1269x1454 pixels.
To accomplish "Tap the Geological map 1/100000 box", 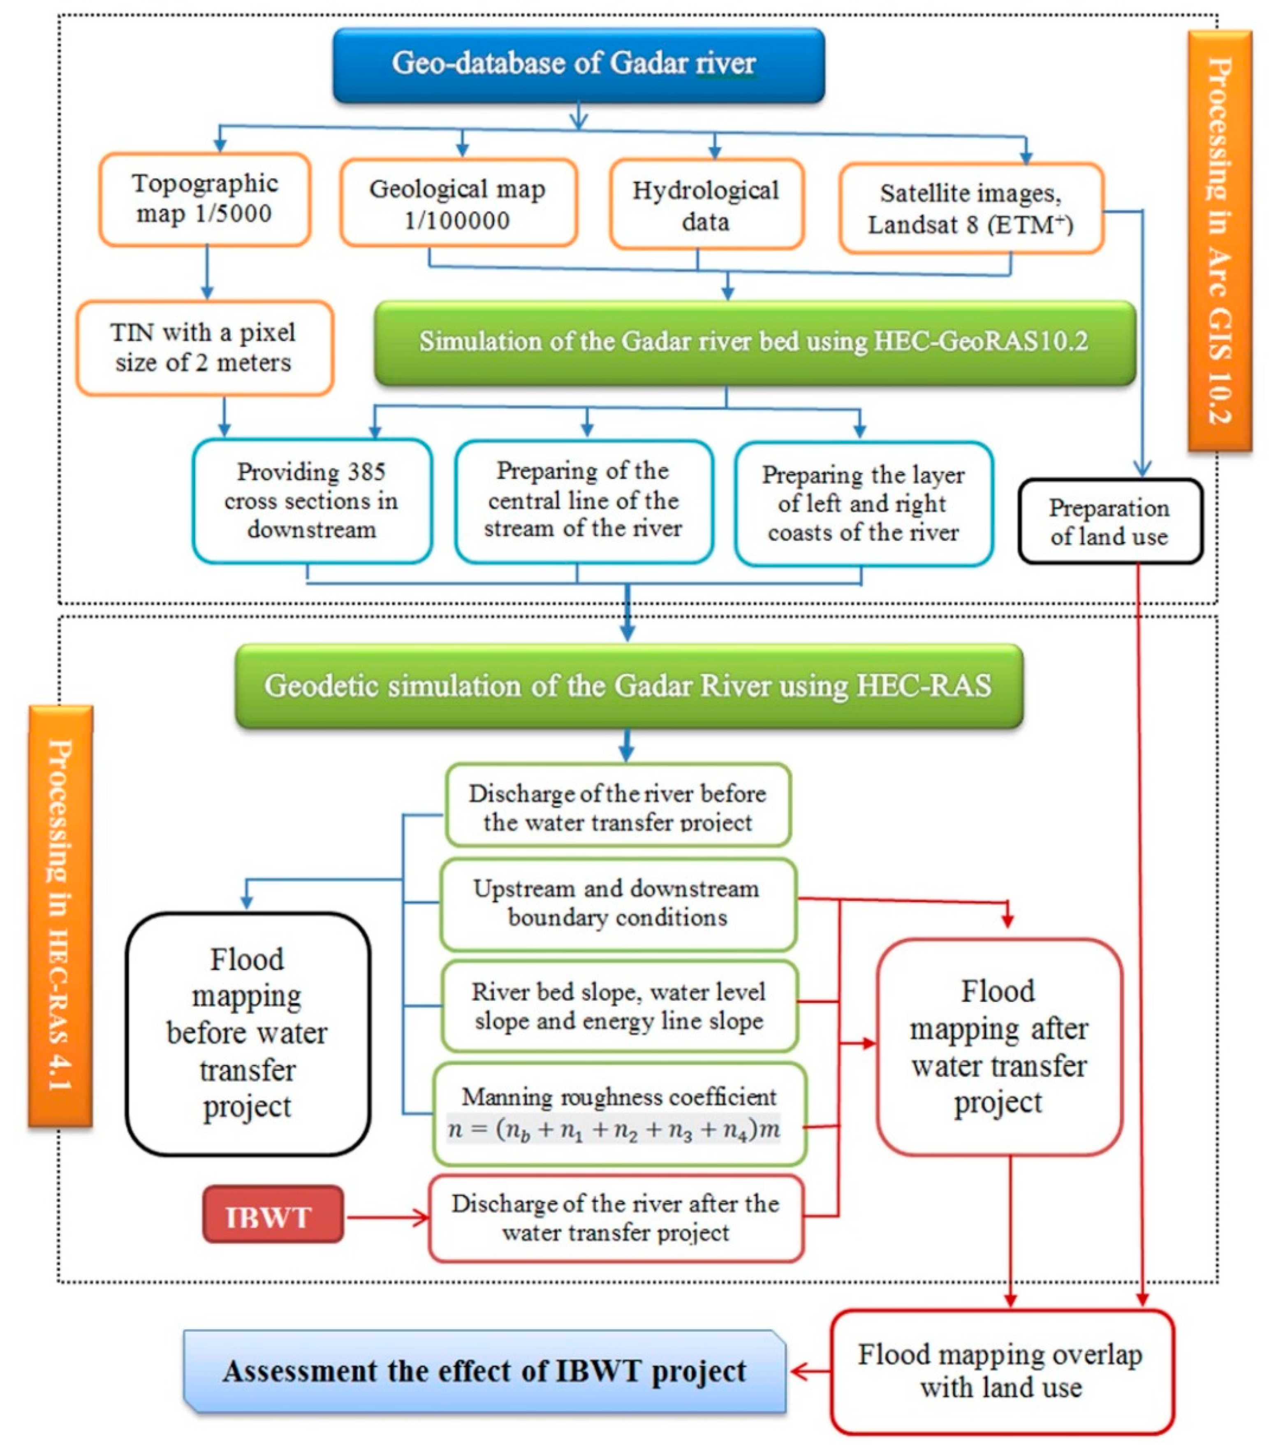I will click(x=458, y=203).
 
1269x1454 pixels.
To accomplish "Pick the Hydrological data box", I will click(x=706, y=205).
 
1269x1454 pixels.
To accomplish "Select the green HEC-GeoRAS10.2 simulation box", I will click(x=754, y=343).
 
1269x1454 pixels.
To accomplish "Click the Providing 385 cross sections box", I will click(x=312, y=501).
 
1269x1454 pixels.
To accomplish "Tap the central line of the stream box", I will click(x=584, y=501).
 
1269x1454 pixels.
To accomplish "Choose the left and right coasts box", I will click(x=863, y=503).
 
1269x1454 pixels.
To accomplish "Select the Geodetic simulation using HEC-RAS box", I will click(x=628, y=686).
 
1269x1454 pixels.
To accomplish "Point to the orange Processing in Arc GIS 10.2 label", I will click(x=1219, y=240).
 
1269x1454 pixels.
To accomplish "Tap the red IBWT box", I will click(x=273, y=1217).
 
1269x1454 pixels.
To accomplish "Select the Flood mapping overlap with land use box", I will click(x=1000, y=1371).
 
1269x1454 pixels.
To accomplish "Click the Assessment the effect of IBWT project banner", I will click(x=484, y=1372).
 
